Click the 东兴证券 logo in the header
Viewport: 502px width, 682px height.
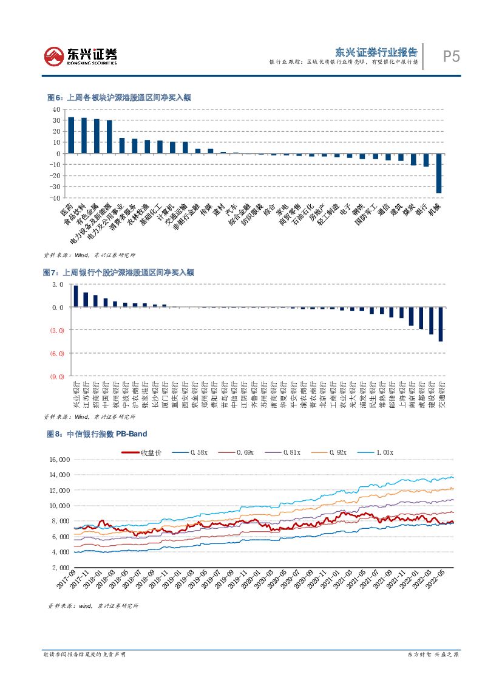click(x=80, y=57)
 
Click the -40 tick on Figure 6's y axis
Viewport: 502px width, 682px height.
click(x=56, y=198)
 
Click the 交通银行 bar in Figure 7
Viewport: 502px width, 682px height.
click(x=441, y=324)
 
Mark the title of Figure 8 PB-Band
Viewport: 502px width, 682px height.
click(x=97, y=434)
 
